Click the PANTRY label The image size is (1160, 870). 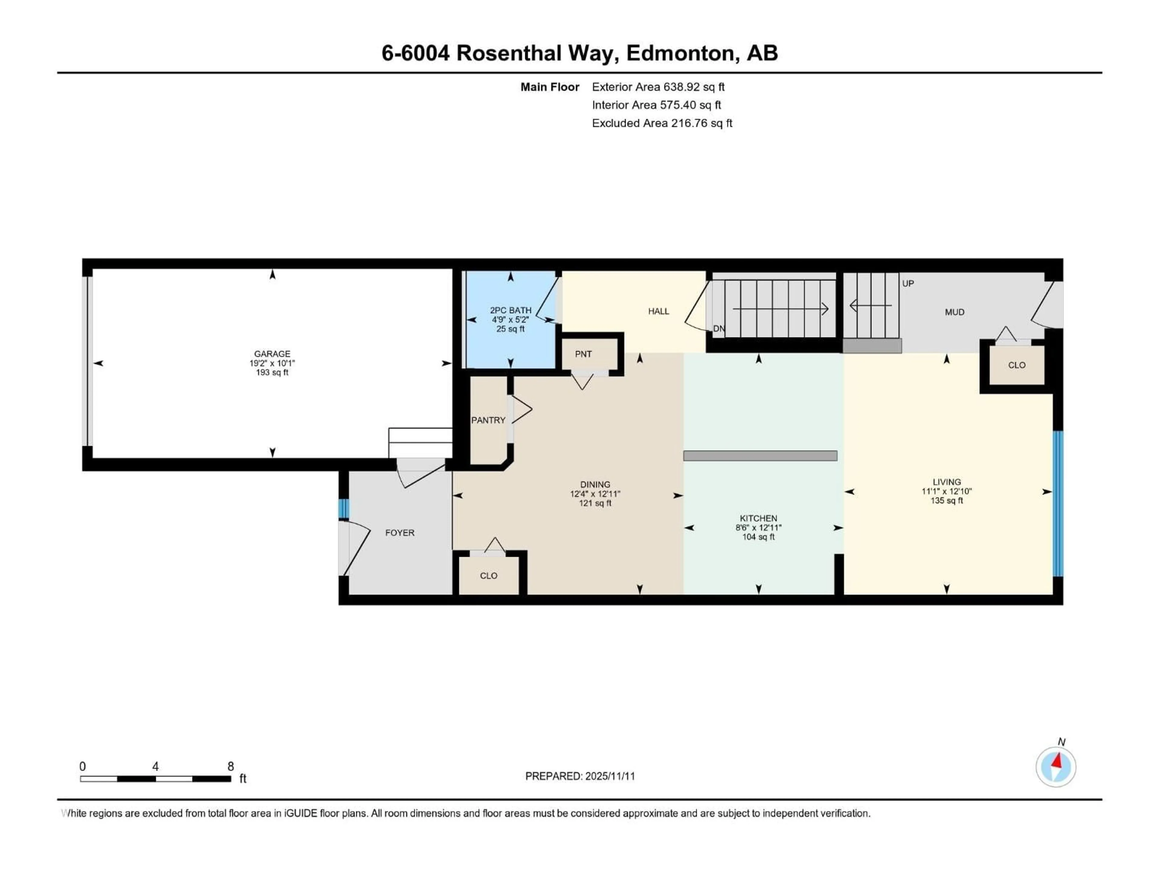pyautogui.click(x=488, y=420)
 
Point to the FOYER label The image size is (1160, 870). pyautogui.click(x=400, y=533)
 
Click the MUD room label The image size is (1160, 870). pyautogui.click(x=954, y=312)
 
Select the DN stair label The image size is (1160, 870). pyautogui.click(x=718, y=329)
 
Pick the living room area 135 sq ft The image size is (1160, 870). pyautogui.click(x=946, y=501)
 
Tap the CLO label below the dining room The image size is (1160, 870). pyautogui.click(x=488, y=576)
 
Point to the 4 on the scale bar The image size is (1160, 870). pyautogui.click(x=155, y=767)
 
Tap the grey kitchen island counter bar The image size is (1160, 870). pyautogui.click(x=760, y=456)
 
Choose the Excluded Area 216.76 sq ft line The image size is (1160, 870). pyautogui.click(x=662, y=123)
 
